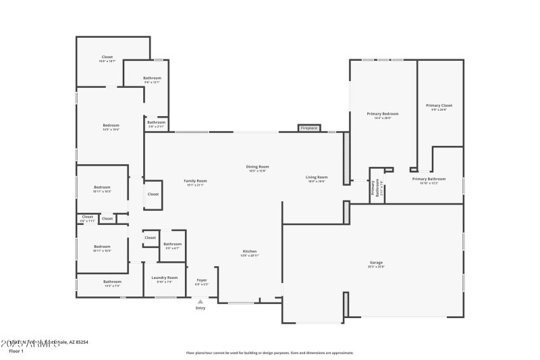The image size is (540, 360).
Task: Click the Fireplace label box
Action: click(x=309, y=128)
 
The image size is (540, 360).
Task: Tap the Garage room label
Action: click(x=376, y=263)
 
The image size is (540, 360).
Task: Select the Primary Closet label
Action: click(x=439, y=106)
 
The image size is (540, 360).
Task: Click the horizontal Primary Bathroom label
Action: click(x=429, y=180)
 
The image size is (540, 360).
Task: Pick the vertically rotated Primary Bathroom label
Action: click(x=375, y=190)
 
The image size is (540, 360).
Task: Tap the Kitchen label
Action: click(x=250, y=253)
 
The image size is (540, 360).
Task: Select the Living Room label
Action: click(x=317, y=178)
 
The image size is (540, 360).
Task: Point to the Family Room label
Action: click(x=196, y=182)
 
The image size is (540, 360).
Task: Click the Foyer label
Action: click(x=201, y=280)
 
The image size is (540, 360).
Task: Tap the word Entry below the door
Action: click(x=200, y=308)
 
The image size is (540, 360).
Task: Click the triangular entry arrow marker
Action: click(x=200, y=301)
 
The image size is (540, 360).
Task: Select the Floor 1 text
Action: click(x=16, y=351)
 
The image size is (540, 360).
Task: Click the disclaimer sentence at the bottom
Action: click(x=270, y=353)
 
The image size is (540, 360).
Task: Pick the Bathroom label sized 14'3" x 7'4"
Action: click(x=112, y=282)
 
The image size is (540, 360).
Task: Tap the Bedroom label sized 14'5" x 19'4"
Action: click(x=111, y=126)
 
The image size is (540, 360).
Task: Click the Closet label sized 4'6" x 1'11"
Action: click(x=87, y=218)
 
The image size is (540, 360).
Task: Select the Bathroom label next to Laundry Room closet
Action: click(x=172, y=245)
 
